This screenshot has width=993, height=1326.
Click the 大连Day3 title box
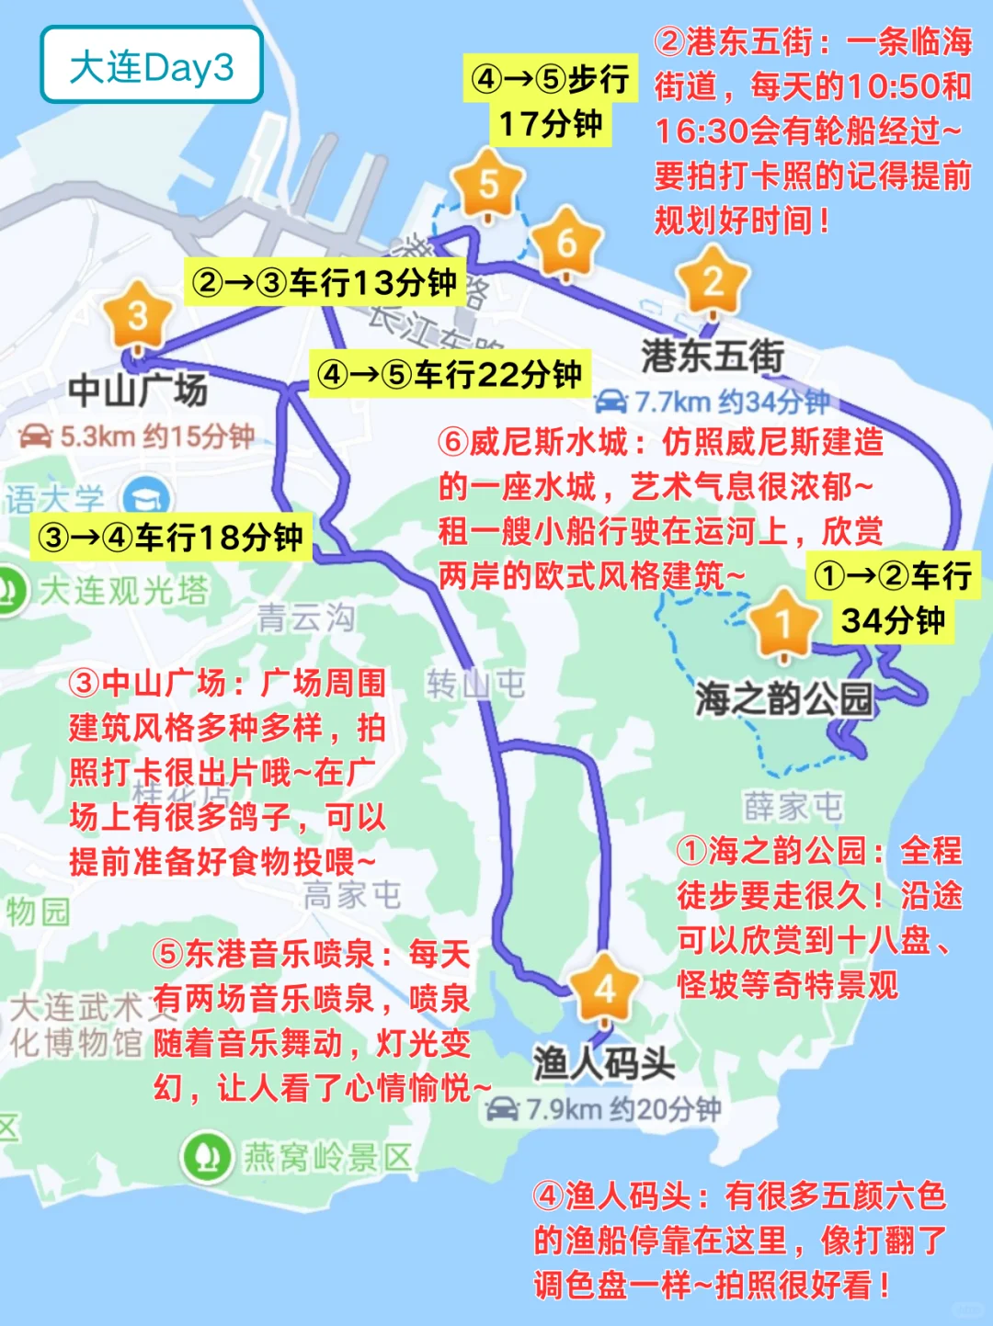click(x=152, y=65)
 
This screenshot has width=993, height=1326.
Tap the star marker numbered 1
click(x=783, y=624)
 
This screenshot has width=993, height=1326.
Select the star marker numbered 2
click(x=712, y=281)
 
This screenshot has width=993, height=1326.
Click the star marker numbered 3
click(x=138, y=316)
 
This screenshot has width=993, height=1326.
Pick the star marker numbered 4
click(x=604, y=989)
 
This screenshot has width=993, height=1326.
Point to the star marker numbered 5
click(x=488, y=185)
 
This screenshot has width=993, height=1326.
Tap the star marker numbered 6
click(x=566, y=244)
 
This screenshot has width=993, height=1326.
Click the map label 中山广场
click(x=138, y=390)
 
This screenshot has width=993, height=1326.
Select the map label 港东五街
click(x=713, y=357)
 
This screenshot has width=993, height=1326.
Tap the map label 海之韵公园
click(x=783, y=698)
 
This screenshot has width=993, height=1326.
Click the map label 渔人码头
click(x=604, y=1063)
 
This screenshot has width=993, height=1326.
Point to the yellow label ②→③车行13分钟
click(x=324, y=282)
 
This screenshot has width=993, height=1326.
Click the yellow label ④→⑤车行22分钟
click(x=449, y=374)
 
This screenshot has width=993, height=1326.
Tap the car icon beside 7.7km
click(x=611, y=402)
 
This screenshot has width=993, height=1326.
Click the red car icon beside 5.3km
click(x=36, y=436)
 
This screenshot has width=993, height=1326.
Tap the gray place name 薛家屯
click(x=793, y=807)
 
